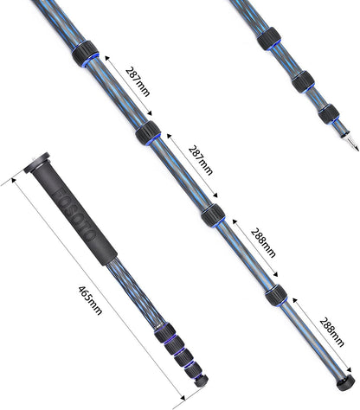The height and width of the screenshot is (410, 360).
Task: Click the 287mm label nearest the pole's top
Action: (x=138, y=84)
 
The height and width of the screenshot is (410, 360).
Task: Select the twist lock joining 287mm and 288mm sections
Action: (x=211, y=218)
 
